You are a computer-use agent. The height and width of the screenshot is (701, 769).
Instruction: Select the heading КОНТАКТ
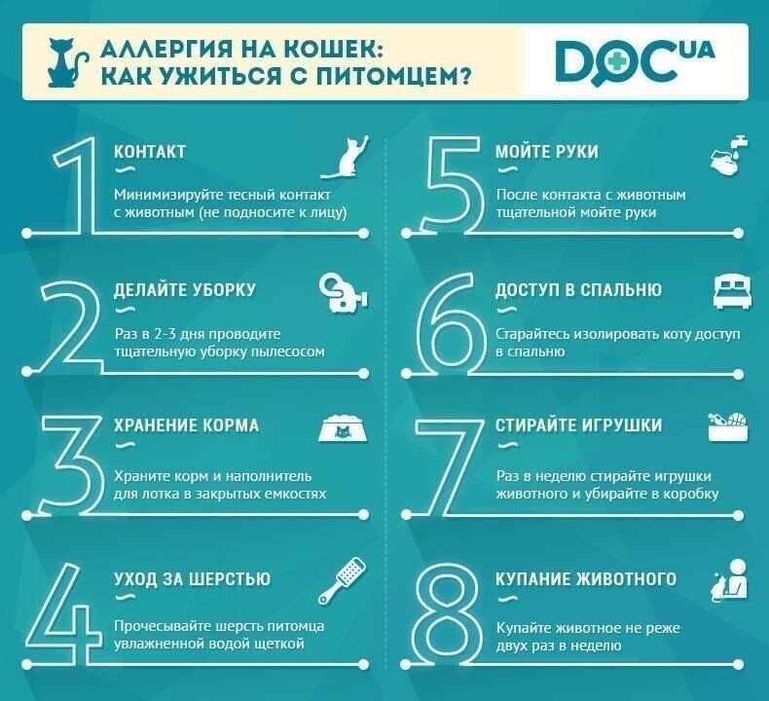click(150, 152)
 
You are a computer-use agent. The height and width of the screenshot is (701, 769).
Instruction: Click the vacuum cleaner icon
click(344, 290)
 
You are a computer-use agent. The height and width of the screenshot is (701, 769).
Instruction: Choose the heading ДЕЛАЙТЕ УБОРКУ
click(184, 290)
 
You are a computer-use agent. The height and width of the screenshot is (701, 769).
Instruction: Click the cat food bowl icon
click(342, 428)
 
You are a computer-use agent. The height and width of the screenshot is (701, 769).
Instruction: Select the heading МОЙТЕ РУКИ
click(546, 152)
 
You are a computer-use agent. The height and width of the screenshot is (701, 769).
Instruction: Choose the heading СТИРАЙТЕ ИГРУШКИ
click(578, 425)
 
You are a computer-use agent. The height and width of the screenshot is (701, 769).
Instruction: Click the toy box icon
click(728, 426)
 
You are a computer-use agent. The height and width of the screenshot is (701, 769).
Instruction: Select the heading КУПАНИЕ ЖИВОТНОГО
click(586, 578)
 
